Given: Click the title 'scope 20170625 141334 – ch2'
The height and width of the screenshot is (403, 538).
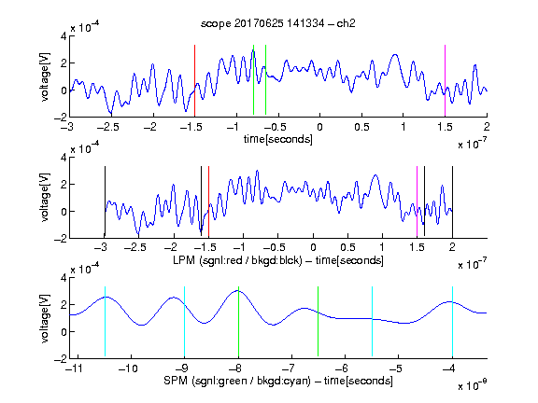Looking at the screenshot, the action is click(x=278, y=23).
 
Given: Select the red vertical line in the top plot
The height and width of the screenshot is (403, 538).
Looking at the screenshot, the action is click(x=194, y=80).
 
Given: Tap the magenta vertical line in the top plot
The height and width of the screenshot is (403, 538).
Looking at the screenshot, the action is click(x=445, y=80).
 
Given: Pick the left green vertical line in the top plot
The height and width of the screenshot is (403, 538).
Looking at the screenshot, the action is click(x=253, y=79).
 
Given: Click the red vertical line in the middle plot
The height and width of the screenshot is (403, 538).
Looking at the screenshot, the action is click(x=208, y=201).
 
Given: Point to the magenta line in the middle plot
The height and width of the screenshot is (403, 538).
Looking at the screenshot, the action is click(x=417, y=201).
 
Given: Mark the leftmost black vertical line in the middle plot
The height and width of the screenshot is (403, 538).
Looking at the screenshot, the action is click(x=105, y=201).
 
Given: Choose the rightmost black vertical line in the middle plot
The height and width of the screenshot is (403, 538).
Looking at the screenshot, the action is click(x=452, y=201).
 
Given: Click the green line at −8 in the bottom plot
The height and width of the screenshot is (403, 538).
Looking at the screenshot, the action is click(x=238, y=322).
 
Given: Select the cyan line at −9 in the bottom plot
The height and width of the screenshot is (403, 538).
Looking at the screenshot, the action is click(x=185, y=322).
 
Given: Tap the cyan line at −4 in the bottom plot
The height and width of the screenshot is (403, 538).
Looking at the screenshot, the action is click(x=452, y=322).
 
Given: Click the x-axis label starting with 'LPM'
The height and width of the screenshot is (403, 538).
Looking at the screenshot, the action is click(x=278, y=260).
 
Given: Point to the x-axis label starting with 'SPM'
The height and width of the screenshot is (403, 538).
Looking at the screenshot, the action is click(x=278, y=381).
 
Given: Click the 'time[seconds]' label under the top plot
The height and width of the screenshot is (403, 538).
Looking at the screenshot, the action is click(x=278, y=139).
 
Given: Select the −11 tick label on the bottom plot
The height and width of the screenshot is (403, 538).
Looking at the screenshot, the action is click(x=74, y=368).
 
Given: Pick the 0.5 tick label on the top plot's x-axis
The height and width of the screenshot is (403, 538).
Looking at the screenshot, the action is click(x=361, y=127).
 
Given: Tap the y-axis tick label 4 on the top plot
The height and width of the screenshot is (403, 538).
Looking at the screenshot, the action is click(x=64, y=36).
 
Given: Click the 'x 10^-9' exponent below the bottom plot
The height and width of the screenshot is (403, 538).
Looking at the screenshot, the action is click(x=472, y=385).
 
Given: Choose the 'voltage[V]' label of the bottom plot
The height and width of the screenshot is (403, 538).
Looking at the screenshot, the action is click(x=45, y=318).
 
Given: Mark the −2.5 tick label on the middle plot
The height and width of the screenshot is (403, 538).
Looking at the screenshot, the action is click(x=134, y=247).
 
